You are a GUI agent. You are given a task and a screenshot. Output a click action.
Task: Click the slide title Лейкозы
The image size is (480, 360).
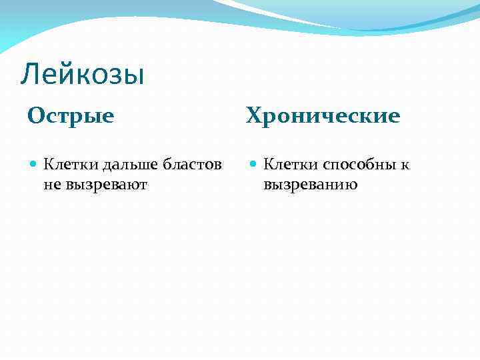82,75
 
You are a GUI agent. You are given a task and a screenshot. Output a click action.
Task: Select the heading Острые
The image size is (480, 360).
71,116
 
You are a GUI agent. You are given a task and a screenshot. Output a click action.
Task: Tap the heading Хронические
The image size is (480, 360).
323,116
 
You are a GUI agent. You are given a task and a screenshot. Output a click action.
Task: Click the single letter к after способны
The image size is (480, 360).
405,165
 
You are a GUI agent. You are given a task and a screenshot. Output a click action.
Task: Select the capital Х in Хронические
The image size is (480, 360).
255,116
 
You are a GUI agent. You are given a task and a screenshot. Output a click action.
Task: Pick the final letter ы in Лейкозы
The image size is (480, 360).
135,75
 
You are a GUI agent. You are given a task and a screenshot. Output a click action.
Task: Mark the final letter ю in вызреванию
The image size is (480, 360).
351,185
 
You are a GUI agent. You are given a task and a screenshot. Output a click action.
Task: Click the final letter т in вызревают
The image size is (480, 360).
143,185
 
